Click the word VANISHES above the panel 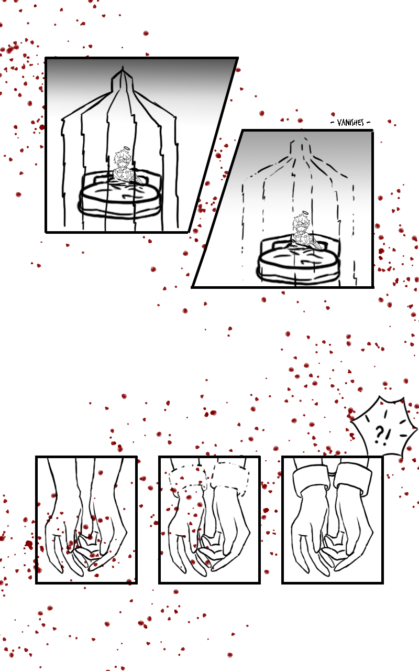click(350, 123)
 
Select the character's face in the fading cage click(300, 225)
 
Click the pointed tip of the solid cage click(122, 68)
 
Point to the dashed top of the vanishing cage click(299, 147)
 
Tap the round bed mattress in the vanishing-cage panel click(298, 264)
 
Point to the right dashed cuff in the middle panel click(230, 477)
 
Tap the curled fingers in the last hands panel click(335, 549)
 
